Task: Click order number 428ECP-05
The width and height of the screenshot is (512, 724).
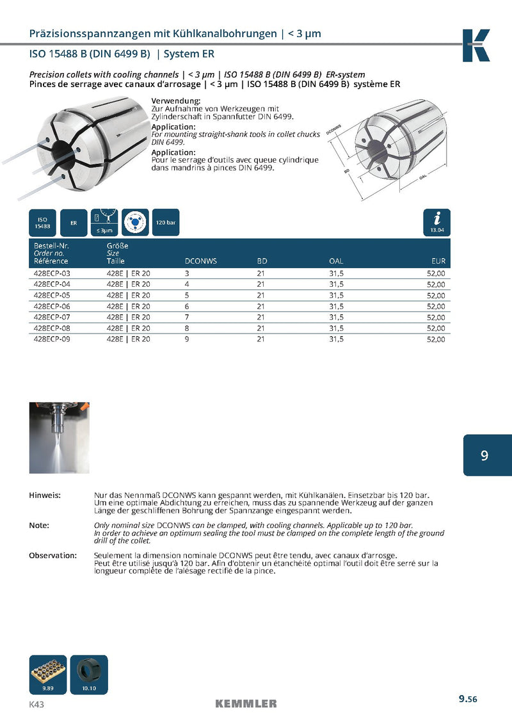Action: pos(51,295)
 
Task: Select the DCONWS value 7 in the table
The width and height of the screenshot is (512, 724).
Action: pos(187,317)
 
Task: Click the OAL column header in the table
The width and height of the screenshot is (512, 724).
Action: pos(336,261)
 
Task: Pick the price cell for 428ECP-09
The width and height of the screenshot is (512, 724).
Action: pos(435,339)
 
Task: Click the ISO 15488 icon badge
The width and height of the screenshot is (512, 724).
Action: pos(42,223)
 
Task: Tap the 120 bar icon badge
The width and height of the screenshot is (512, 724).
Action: pos(166,223)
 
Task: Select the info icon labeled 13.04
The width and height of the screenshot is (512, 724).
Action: pos(436,222)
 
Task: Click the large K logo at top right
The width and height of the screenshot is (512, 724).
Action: pos(476,45)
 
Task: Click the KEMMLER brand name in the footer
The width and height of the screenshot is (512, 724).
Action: pos(246,704)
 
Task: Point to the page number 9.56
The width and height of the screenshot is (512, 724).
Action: pos(467,699)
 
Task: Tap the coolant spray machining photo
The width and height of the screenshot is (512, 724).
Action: pos(59,437)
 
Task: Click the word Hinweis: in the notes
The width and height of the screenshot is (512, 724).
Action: pos(45,495)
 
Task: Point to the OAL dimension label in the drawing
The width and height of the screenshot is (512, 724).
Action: pos(423,177)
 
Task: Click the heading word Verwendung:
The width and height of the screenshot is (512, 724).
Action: pos(176,101)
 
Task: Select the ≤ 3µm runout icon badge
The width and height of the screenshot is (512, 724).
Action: pos(104,222)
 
